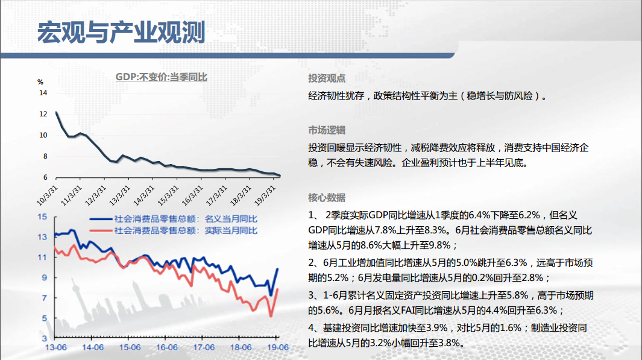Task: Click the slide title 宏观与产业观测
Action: pyautogui.click(x=121, y=33)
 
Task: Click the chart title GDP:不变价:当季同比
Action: pyautogui.click(x=162, y=77)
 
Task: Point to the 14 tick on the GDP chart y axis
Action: pyautogui.click(x=43, y=92)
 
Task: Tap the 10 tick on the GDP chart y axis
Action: pyautogui.click(x=43, y=134)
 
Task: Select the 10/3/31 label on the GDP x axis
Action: pyautogui.click(x=47, y=195)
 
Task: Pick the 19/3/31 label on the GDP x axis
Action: pyautogui.click(x=265, y=195)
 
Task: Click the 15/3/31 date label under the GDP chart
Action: pyautogui.click(x=168, y=195)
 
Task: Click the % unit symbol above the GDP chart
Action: pyautogui.click(x=40, y=82)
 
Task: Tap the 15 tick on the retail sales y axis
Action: pyautogui.click(x=42, y=216)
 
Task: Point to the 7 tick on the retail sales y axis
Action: pyautogui.click(x=44, y=298)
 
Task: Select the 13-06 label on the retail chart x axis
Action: pyautogui.click(x=56, y=347)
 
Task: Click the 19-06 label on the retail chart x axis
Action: pyautogui.click(x=278, y=347)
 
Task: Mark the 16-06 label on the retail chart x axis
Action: pyautogui.click(x=167, y=347)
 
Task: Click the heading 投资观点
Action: pyautogui.click(x=327, y=78)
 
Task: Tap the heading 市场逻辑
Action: pyautogui.click(x=327, y=130)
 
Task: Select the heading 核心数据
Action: pyautogui.click(x=327, y=197)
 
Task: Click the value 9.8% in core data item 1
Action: pyautogui.click(x=439, y=245)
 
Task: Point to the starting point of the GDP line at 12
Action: pyautogui.click(x=57, y=112)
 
